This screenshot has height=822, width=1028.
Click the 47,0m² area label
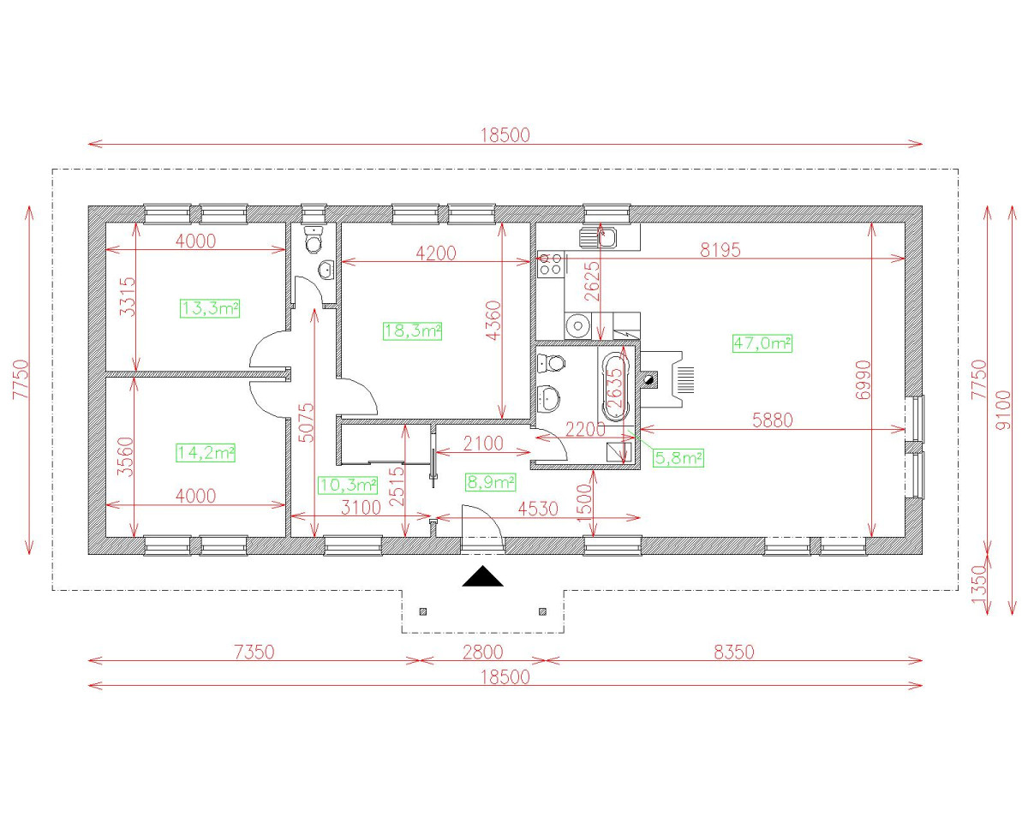pos(762,343)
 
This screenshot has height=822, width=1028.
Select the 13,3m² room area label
pos(210,308)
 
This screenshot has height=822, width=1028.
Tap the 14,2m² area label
pos(206,452)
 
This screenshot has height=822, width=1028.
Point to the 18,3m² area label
pos(411,331)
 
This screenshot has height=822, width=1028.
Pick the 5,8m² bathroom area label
pos(678,458)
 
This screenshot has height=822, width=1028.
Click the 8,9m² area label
pos(489,482)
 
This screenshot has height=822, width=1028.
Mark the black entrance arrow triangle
pos(483,577)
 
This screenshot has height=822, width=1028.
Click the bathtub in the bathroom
pos(615,385)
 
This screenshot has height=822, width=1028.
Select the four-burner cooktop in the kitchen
pos(550,264)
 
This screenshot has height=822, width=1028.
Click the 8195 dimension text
pos(720,250)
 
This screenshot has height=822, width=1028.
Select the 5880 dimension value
pos(772,420)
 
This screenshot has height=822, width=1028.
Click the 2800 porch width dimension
pos(483,652)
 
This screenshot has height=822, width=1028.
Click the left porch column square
pos(423,611)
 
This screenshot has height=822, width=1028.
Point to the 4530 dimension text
pos(537,509)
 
